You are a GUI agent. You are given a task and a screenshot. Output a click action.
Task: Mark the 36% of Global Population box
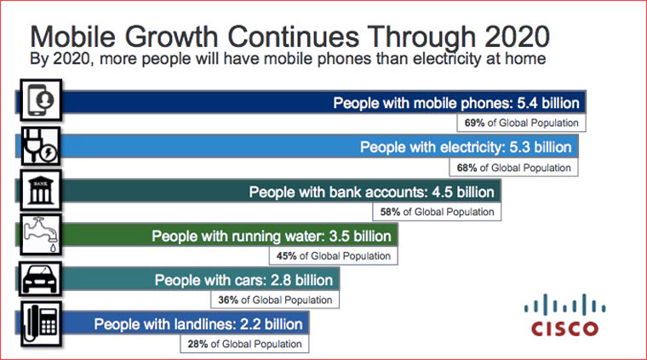tap(275, 300)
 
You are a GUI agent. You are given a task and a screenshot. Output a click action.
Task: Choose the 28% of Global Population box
tap(244, 344)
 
